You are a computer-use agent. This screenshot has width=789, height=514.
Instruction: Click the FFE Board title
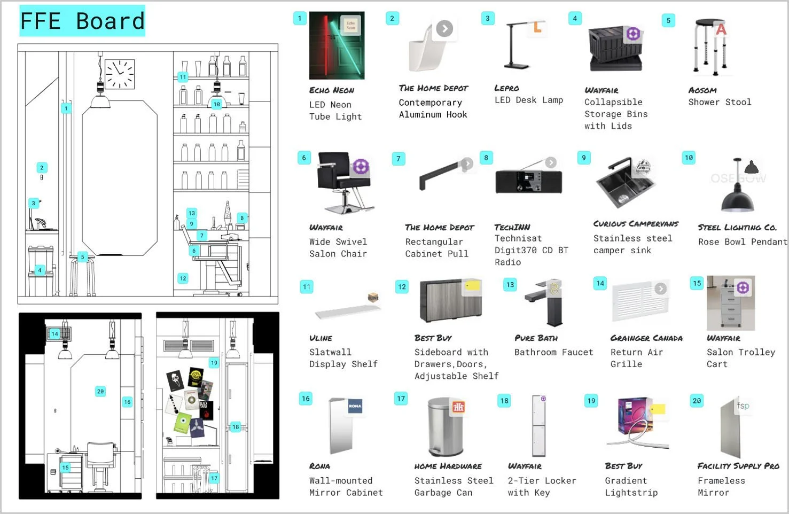[82, 21]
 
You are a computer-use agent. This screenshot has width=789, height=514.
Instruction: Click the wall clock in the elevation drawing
[119, 74]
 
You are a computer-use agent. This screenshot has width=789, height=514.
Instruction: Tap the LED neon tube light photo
[337, 45]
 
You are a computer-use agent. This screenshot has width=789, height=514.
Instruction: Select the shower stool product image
[710, 46]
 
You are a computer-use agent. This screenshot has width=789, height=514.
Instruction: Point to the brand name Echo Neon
[331, 90]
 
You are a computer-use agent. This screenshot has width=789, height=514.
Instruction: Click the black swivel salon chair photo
[342, 182]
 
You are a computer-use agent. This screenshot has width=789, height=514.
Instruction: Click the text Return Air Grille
[636, 358]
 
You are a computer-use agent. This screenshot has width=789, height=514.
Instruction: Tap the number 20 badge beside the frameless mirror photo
[697, 401]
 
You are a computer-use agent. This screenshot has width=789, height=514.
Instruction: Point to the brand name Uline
[321, 338]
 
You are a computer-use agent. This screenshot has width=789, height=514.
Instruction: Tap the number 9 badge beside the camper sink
[583, 158]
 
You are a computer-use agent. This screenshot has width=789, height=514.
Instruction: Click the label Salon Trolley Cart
[740, 358]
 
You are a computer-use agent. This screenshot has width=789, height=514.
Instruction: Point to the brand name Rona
[319, 466]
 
